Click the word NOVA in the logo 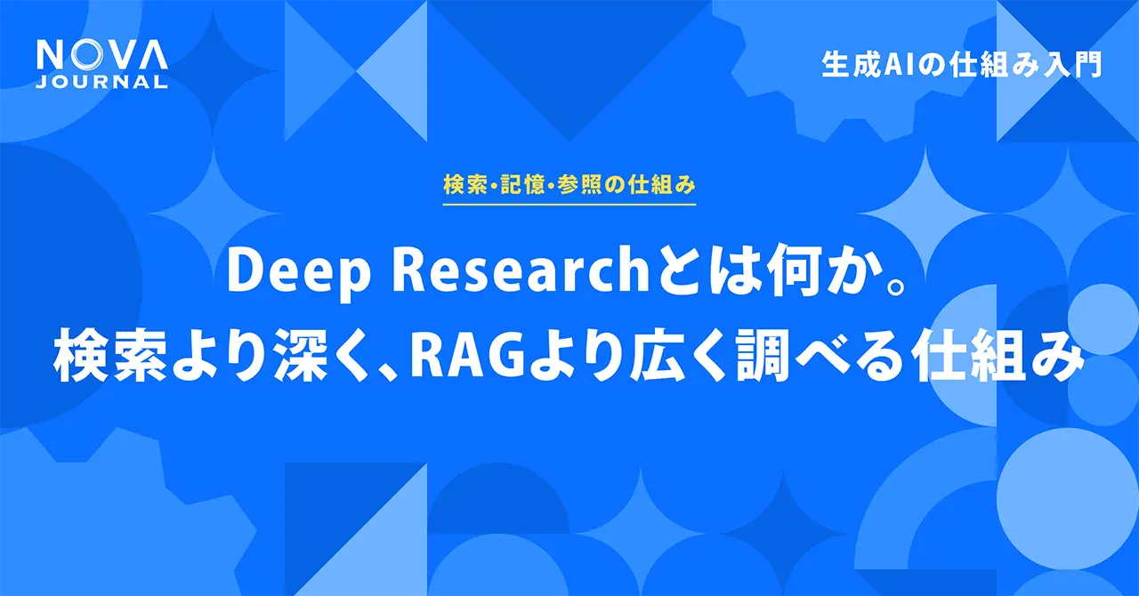(x=101, y=57)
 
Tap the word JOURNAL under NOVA (x=101, y=82)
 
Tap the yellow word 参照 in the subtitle (x=591, y=186)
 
